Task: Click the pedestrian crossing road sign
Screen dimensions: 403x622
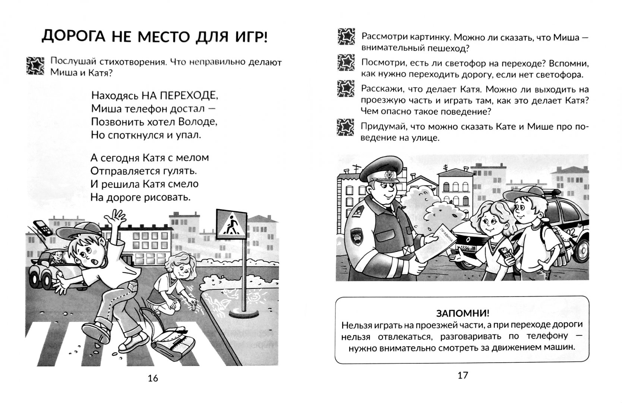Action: click(x=231, y=225)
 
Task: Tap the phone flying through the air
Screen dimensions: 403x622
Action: click(x=41, y=227)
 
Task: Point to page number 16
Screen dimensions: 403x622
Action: click(x=153, y=378)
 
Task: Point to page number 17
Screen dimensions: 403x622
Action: click(x=462, y=375)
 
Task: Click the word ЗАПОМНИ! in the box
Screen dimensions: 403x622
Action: click(x=462, y=313)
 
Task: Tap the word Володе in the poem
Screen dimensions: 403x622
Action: click(x=198, y=122)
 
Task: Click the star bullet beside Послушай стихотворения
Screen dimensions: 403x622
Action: click(x=35, y=66)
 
